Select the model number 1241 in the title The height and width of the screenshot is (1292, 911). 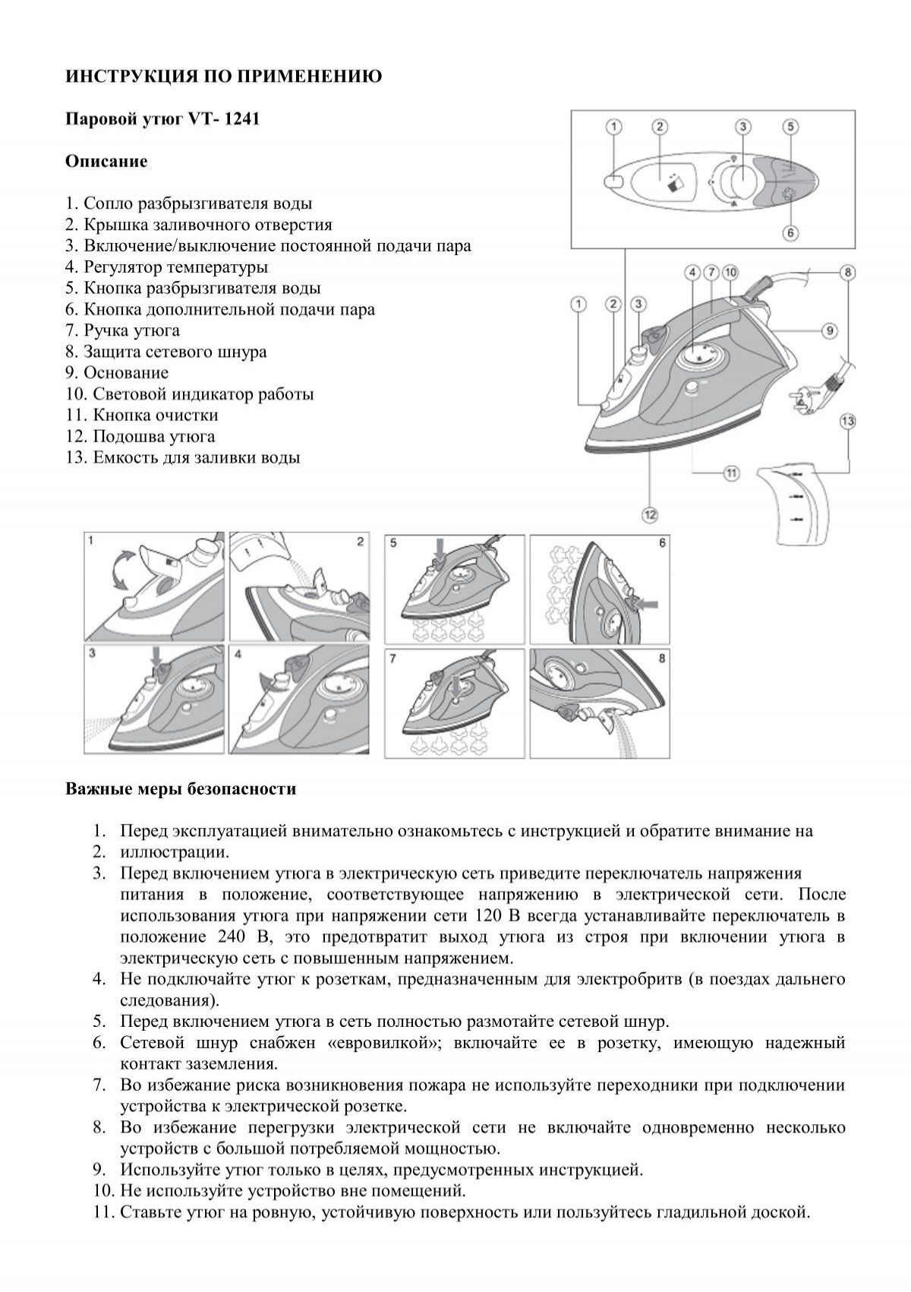click(x=243, y=119)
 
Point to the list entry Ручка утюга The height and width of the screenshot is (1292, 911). click(x=131, y=330)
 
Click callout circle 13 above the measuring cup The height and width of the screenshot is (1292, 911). click(x=848, y=420)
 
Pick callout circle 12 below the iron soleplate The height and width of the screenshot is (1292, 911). click(x=650, y=515)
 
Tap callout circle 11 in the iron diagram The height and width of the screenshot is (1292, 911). click(x=731, y=472)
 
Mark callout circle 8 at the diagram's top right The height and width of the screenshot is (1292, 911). click(x=848, y=271)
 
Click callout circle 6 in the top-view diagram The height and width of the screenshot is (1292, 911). click(x=790, y=232)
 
